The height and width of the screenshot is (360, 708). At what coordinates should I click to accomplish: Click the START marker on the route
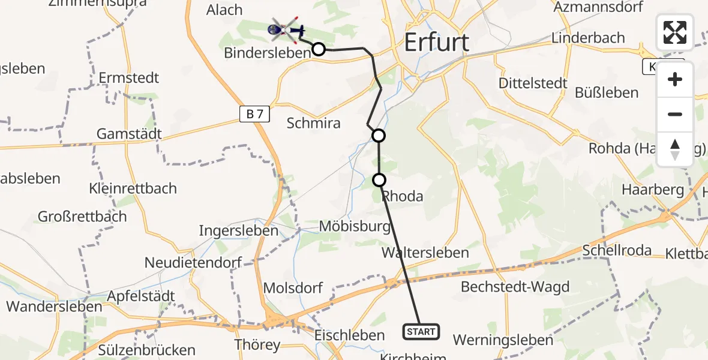pos(421,331)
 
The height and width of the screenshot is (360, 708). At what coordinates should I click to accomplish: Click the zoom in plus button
pos(675,79)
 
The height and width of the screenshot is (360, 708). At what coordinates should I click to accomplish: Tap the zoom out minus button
pos(675,114)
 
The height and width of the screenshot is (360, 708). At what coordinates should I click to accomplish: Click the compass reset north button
pos(675,149)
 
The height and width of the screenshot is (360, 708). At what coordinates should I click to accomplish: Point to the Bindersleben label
pos(267,52)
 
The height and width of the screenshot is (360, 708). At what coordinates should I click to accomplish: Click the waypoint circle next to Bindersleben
pos(319,49)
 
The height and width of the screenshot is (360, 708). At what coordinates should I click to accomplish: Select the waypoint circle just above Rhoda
pos(379,179)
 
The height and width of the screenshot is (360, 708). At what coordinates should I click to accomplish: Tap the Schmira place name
pos(313,123)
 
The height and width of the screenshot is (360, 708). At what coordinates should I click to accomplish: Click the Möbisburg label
pos(355,226)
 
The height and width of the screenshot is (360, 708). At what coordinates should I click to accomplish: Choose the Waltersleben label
pos(425,253)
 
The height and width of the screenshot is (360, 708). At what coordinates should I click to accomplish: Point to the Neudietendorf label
pos(193,262)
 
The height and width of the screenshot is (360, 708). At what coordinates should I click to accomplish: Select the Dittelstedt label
pos(533,83)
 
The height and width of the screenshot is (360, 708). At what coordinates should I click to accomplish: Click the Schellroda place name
pos(617,250)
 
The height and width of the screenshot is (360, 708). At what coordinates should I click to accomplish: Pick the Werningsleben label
pos(503,340)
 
